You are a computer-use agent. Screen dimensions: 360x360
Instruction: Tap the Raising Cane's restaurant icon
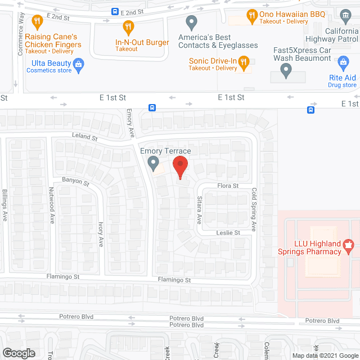pos(37,22)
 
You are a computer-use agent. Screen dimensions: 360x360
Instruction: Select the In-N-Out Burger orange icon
pos(128,26)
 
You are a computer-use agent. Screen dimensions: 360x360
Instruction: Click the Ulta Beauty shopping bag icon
pos(79,64)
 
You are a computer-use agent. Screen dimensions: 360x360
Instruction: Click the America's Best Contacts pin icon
pos(191,22)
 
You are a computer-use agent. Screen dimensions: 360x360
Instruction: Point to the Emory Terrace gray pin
pos(153,163)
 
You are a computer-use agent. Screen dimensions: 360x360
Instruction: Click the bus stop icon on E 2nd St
pos(115,11)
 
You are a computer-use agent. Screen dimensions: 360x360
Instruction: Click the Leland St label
pos(85,137)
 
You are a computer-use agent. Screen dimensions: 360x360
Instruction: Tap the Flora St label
pos(228,186)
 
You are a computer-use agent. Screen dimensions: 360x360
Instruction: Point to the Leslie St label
pos(229,232)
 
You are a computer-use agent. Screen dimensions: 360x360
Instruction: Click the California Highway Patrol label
pos(332,35)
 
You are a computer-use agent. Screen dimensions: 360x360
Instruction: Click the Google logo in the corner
pos(19,353)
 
